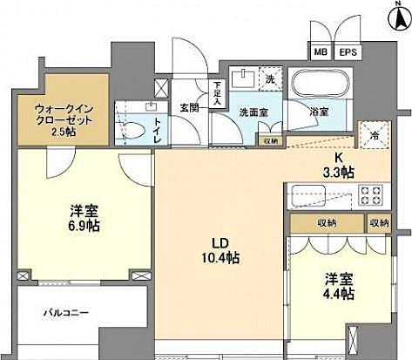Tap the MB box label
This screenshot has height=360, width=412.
click(x=321, y=53)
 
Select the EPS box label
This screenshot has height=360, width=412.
click(x=348, y=53)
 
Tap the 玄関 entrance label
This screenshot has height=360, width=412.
click(x=190, y=109)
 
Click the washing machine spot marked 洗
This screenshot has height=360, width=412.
click(x=270, y=80)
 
